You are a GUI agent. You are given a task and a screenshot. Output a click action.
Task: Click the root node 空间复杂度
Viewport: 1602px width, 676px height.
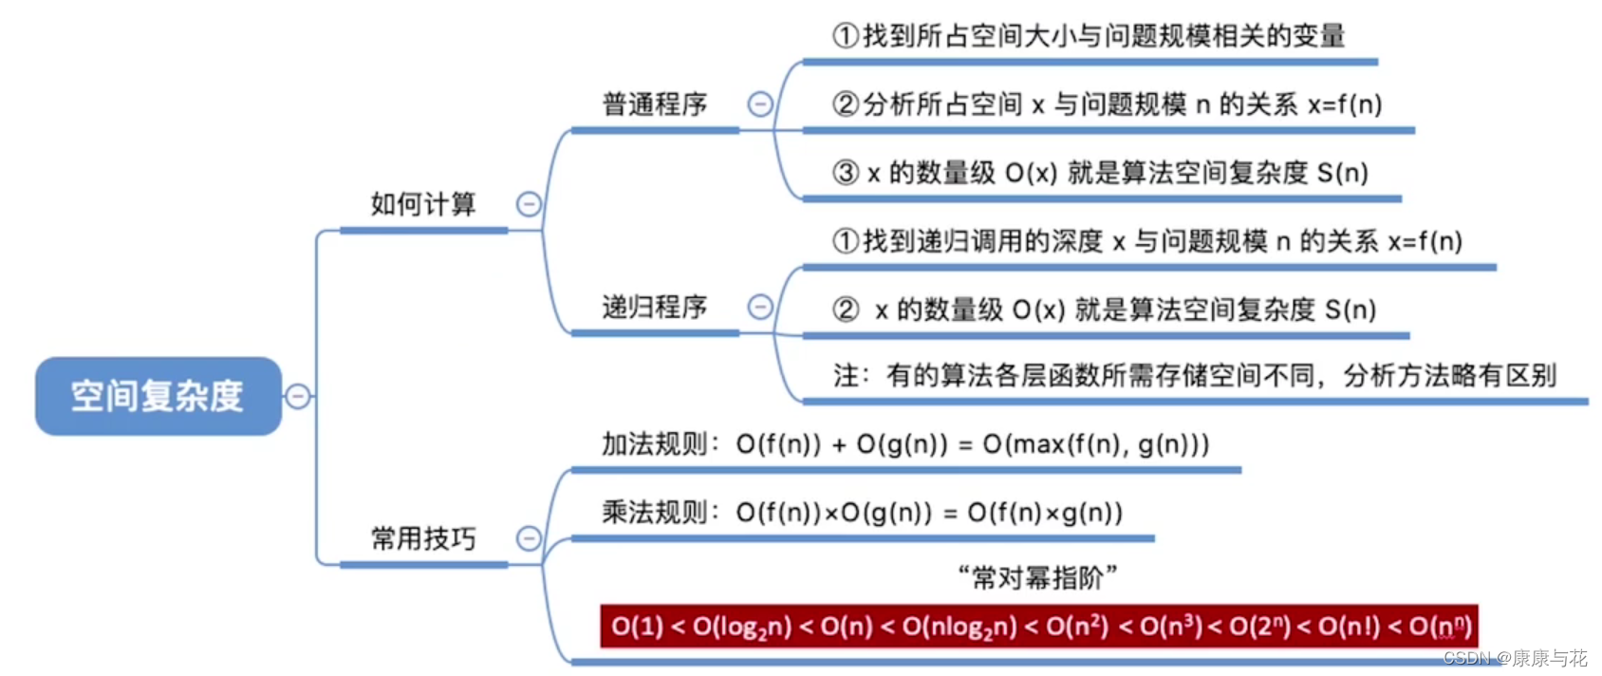click(158, 396)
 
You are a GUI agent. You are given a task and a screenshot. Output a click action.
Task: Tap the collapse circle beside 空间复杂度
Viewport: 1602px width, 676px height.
click(298, 396)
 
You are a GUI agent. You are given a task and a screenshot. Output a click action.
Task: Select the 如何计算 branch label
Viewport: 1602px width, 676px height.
click(423, 204)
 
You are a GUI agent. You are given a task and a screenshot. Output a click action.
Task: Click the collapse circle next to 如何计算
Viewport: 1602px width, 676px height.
click(529, 204)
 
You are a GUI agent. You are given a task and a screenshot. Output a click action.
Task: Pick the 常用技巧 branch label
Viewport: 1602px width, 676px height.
click(423, 539)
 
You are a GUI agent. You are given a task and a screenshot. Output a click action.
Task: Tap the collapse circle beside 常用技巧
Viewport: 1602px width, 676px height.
click(529, 539)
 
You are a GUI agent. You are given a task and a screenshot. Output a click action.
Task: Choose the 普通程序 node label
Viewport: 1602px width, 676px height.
click(655, 103)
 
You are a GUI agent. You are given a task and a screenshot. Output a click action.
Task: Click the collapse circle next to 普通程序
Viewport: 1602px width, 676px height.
click(760, 103)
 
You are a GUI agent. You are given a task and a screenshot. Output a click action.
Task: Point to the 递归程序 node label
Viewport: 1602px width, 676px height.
click(655, 307)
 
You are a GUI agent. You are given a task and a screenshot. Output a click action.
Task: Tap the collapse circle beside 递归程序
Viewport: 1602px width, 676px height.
click(760, 307)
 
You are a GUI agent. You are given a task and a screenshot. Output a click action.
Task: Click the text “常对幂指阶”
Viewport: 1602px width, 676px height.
click(1038, 576)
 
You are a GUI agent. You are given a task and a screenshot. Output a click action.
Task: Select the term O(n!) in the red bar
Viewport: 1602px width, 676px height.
click(1349, 627)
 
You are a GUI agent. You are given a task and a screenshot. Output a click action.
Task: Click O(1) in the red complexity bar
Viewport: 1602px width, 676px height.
click(637, 627)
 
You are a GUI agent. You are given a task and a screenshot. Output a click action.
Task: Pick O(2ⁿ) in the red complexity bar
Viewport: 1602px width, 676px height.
click(1259, 627)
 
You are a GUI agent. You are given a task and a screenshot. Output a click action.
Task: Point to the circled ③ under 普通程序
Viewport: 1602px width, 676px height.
click(846, 173)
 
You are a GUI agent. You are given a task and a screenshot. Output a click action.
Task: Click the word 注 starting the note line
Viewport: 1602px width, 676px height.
click(846, 376)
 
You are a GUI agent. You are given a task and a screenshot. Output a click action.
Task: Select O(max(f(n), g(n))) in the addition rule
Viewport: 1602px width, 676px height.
click(1096, 443)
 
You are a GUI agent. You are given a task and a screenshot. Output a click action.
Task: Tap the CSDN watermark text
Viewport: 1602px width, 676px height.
click(1514, 658)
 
